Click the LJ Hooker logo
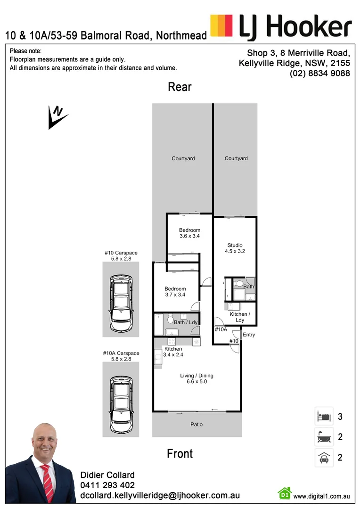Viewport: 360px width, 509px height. tap(281, 27)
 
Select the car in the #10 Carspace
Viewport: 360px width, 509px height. tap(121, 304)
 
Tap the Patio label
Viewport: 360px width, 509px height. tap(196, 425)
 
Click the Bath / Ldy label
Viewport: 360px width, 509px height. tap(185, 322)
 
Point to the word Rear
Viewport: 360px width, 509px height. tap(180, 87)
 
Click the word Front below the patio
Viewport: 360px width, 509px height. tap(180, 454)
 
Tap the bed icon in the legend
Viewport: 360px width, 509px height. tap(323, 417)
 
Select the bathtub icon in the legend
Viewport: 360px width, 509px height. tap(323, 437)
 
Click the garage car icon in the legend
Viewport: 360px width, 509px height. tap(323, 457)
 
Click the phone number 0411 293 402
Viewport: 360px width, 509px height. tap(107, 485)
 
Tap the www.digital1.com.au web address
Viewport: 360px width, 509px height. tap(321, 496)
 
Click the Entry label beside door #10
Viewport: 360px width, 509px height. tap(249, 335)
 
